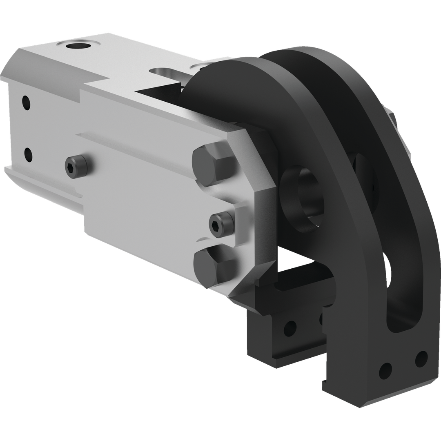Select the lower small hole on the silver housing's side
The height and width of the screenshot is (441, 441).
click(x=28, y=154)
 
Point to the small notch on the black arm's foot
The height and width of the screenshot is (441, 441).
click(x=325, y=384)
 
